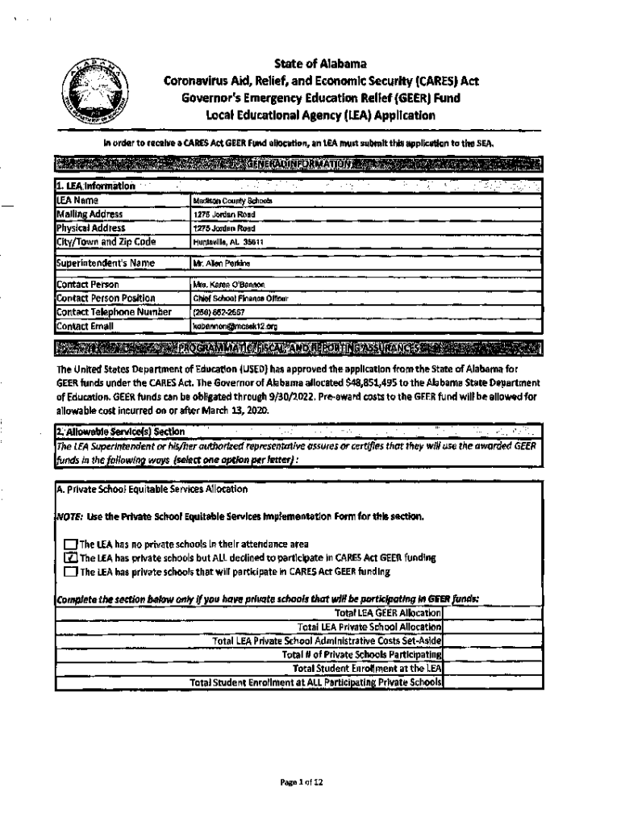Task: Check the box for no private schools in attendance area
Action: point(70,544)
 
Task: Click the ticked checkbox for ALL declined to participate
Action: point(70,558)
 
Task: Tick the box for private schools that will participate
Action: point(70,572)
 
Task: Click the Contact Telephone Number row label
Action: point(102,313)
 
